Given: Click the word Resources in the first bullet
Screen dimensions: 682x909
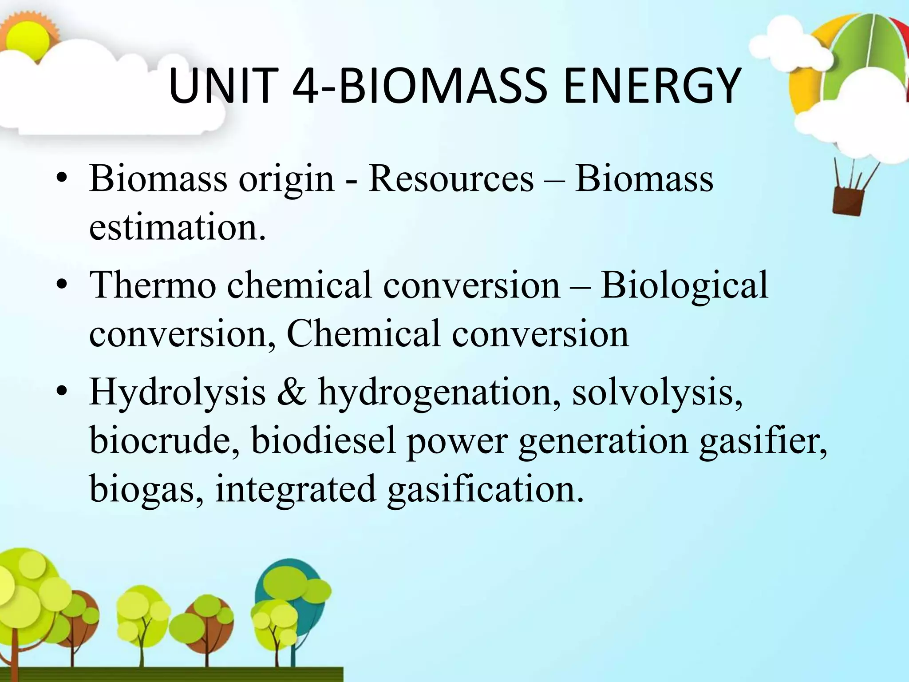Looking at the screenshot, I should pyautogui.click(x=451, y=178).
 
